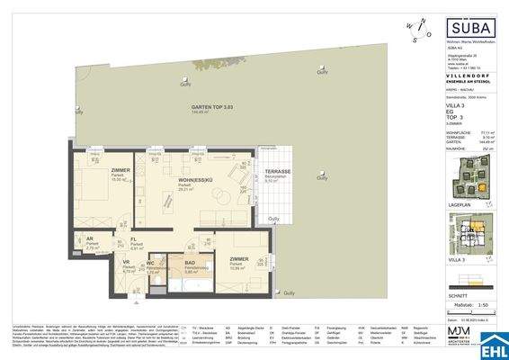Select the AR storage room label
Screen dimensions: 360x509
tap(91, 240)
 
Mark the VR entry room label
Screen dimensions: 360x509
tap(126, 265)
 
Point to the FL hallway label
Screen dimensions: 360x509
tap(132, 240)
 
